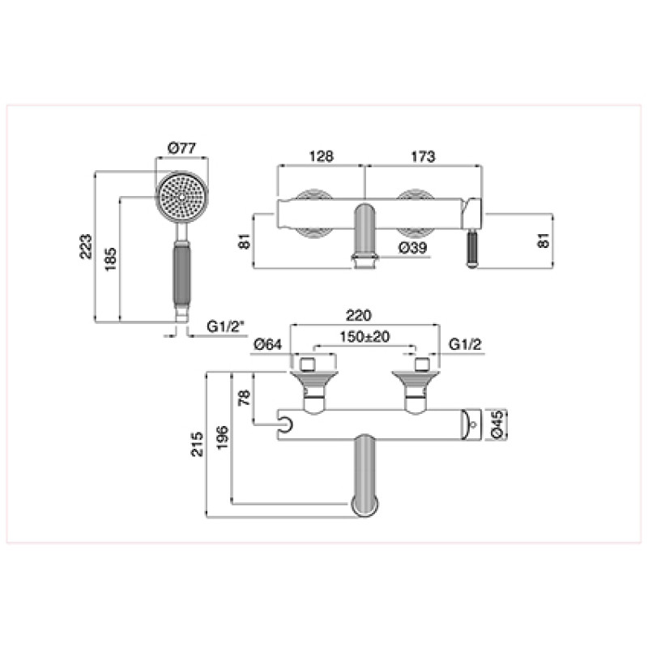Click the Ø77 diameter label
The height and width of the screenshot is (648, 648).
[x=181, y=148]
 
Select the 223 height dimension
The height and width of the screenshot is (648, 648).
[x=86, y=247]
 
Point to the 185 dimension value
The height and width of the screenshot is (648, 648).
[x=110, y=259]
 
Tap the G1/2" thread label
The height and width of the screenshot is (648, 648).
[x=225, y=326]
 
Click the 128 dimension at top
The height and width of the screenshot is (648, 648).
[x=321, y=156]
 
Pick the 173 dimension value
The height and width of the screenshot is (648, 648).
[x=423, y=156]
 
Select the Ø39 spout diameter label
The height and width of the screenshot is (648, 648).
[x=412, y=248]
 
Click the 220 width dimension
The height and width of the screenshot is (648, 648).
[x=359, y=316]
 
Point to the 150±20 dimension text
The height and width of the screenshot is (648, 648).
[x=364, y=337]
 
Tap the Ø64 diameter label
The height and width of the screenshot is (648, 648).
[x=268, y=344]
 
